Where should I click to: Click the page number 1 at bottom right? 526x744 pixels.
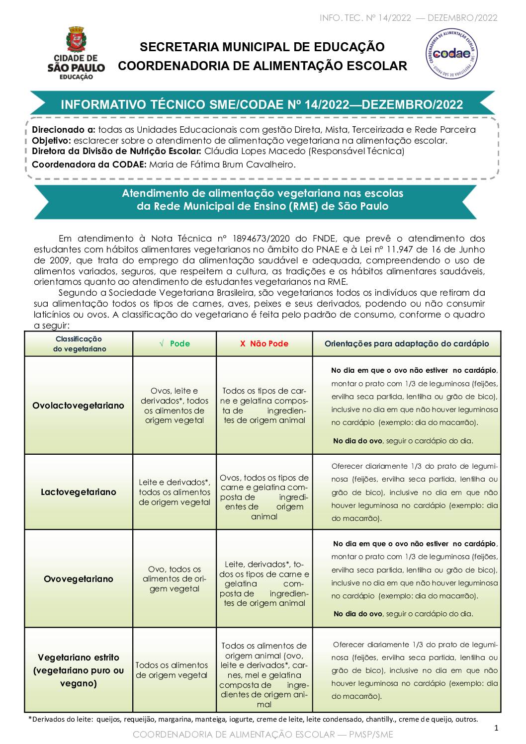(496, 728)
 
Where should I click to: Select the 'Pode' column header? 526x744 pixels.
(175, 343)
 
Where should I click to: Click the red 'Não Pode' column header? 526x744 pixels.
(264, 343)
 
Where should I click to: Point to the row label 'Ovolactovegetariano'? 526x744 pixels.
(79, 406)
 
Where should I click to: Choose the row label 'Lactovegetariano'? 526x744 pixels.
(79, 492)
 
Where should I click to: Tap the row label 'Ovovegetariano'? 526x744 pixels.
(79, 579)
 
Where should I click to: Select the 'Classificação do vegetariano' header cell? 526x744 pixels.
(79, 344)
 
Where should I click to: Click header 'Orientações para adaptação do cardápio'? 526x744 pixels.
(407, 343)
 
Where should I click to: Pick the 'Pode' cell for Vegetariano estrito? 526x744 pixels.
(172, 670)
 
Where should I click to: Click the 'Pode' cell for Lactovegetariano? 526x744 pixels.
(175, 492)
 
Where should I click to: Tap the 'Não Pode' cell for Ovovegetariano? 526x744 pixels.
(264, 583)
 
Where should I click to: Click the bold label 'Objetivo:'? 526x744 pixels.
(52, 141)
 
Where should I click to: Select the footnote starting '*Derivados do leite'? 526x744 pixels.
(253, 719)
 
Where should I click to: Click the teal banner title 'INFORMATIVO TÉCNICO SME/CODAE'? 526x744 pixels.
(262, 104)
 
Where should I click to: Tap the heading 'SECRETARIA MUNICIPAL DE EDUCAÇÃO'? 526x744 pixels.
(262, 47)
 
